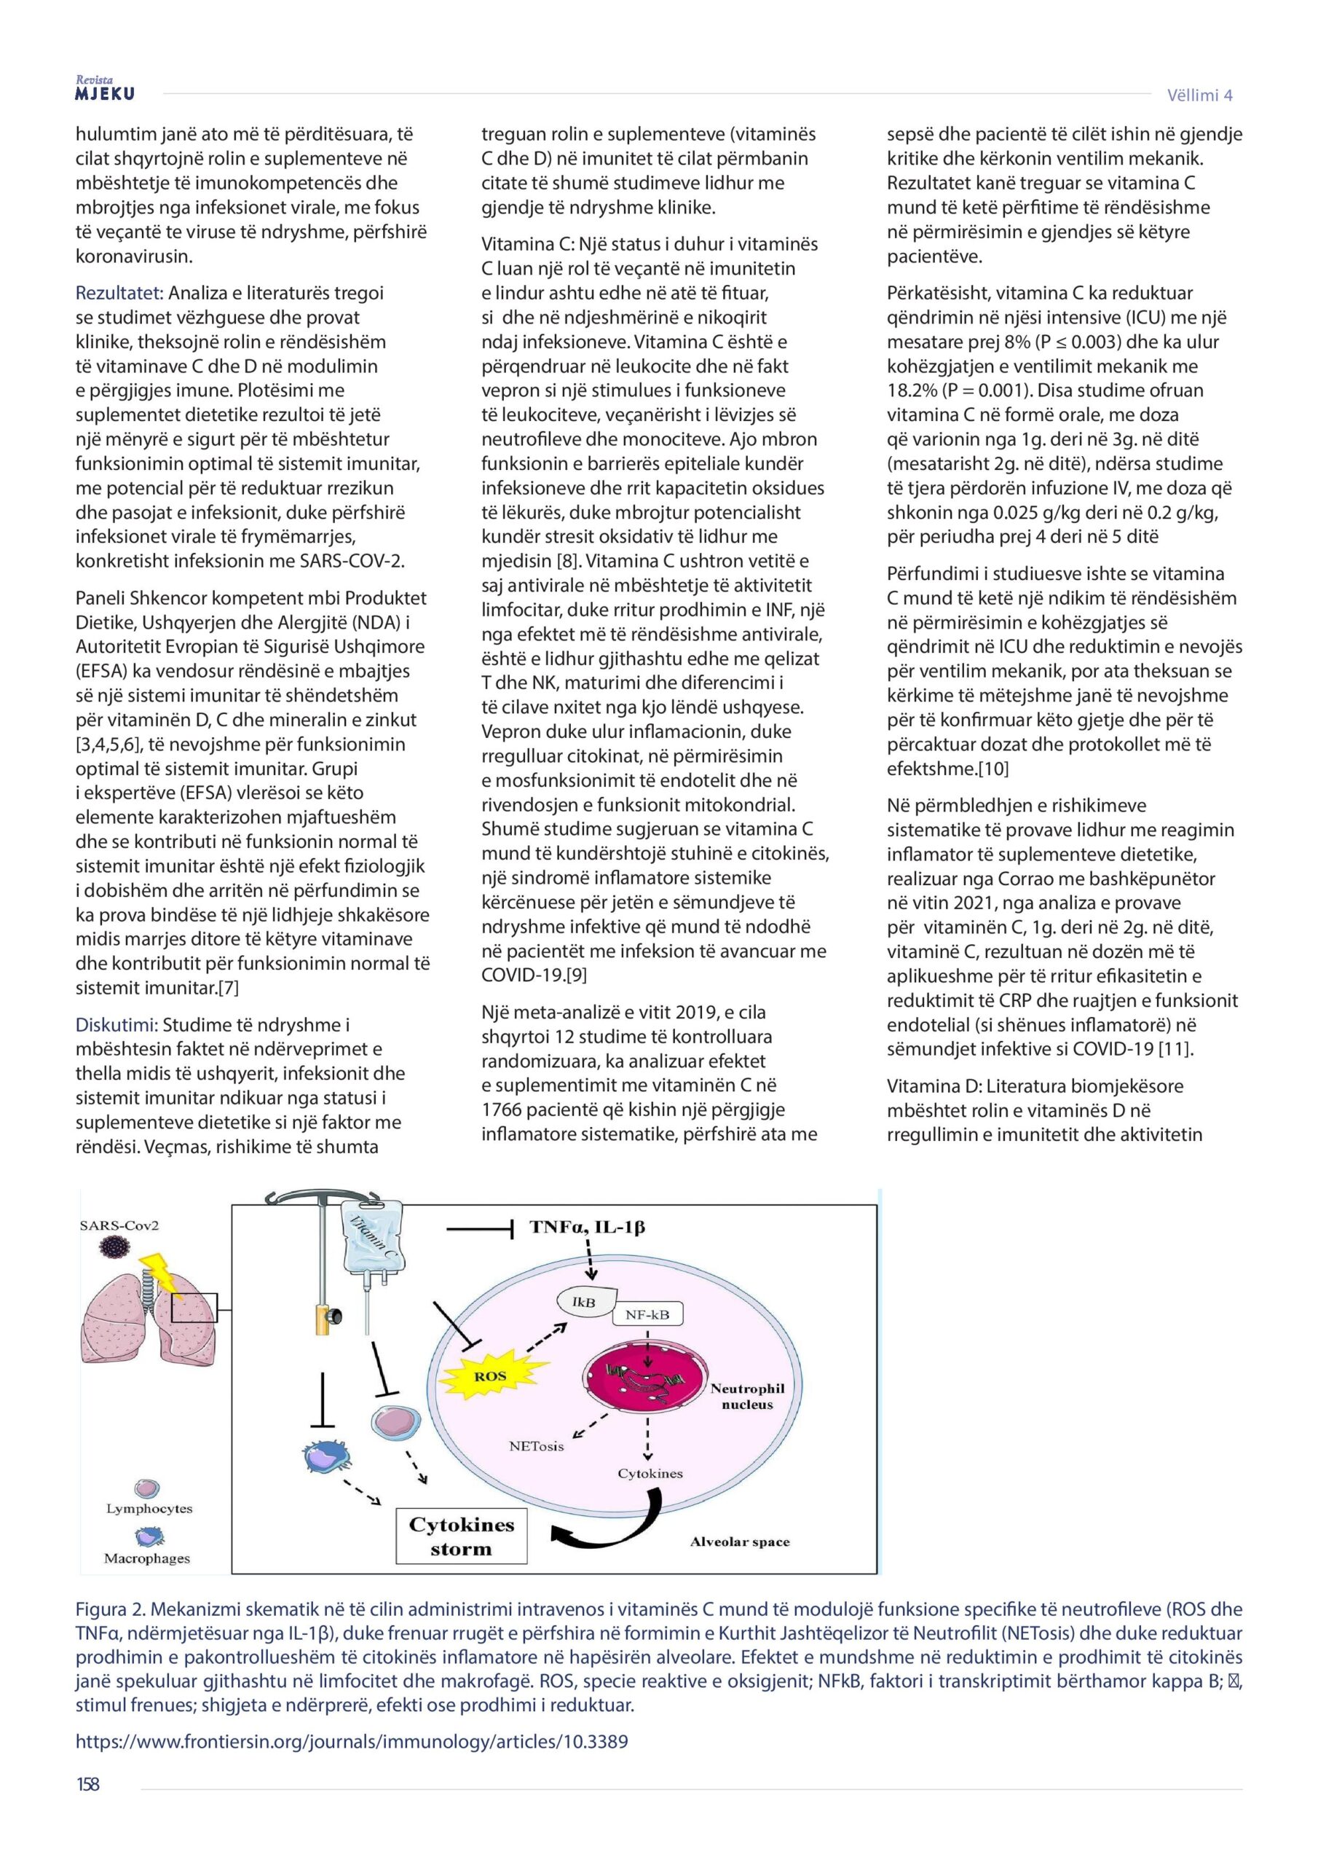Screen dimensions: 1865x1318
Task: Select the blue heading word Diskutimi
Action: point(115,1025)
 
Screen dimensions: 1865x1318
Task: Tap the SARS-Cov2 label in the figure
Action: point(119,1226)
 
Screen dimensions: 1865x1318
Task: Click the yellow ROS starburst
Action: point(489,1376)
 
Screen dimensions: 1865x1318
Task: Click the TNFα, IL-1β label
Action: point(587,1227)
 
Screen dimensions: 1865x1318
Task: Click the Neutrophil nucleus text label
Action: point(747,1396)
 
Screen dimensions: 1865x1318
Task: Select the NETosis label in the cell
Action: point(536,1446)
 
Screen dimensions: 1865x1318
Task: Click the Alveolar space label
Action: point(740,1542)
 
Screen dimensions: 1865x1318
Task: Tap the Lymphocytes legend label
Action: point(149,1509)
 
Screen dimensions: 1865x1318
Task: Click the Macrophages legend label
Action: point(147,1558)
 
